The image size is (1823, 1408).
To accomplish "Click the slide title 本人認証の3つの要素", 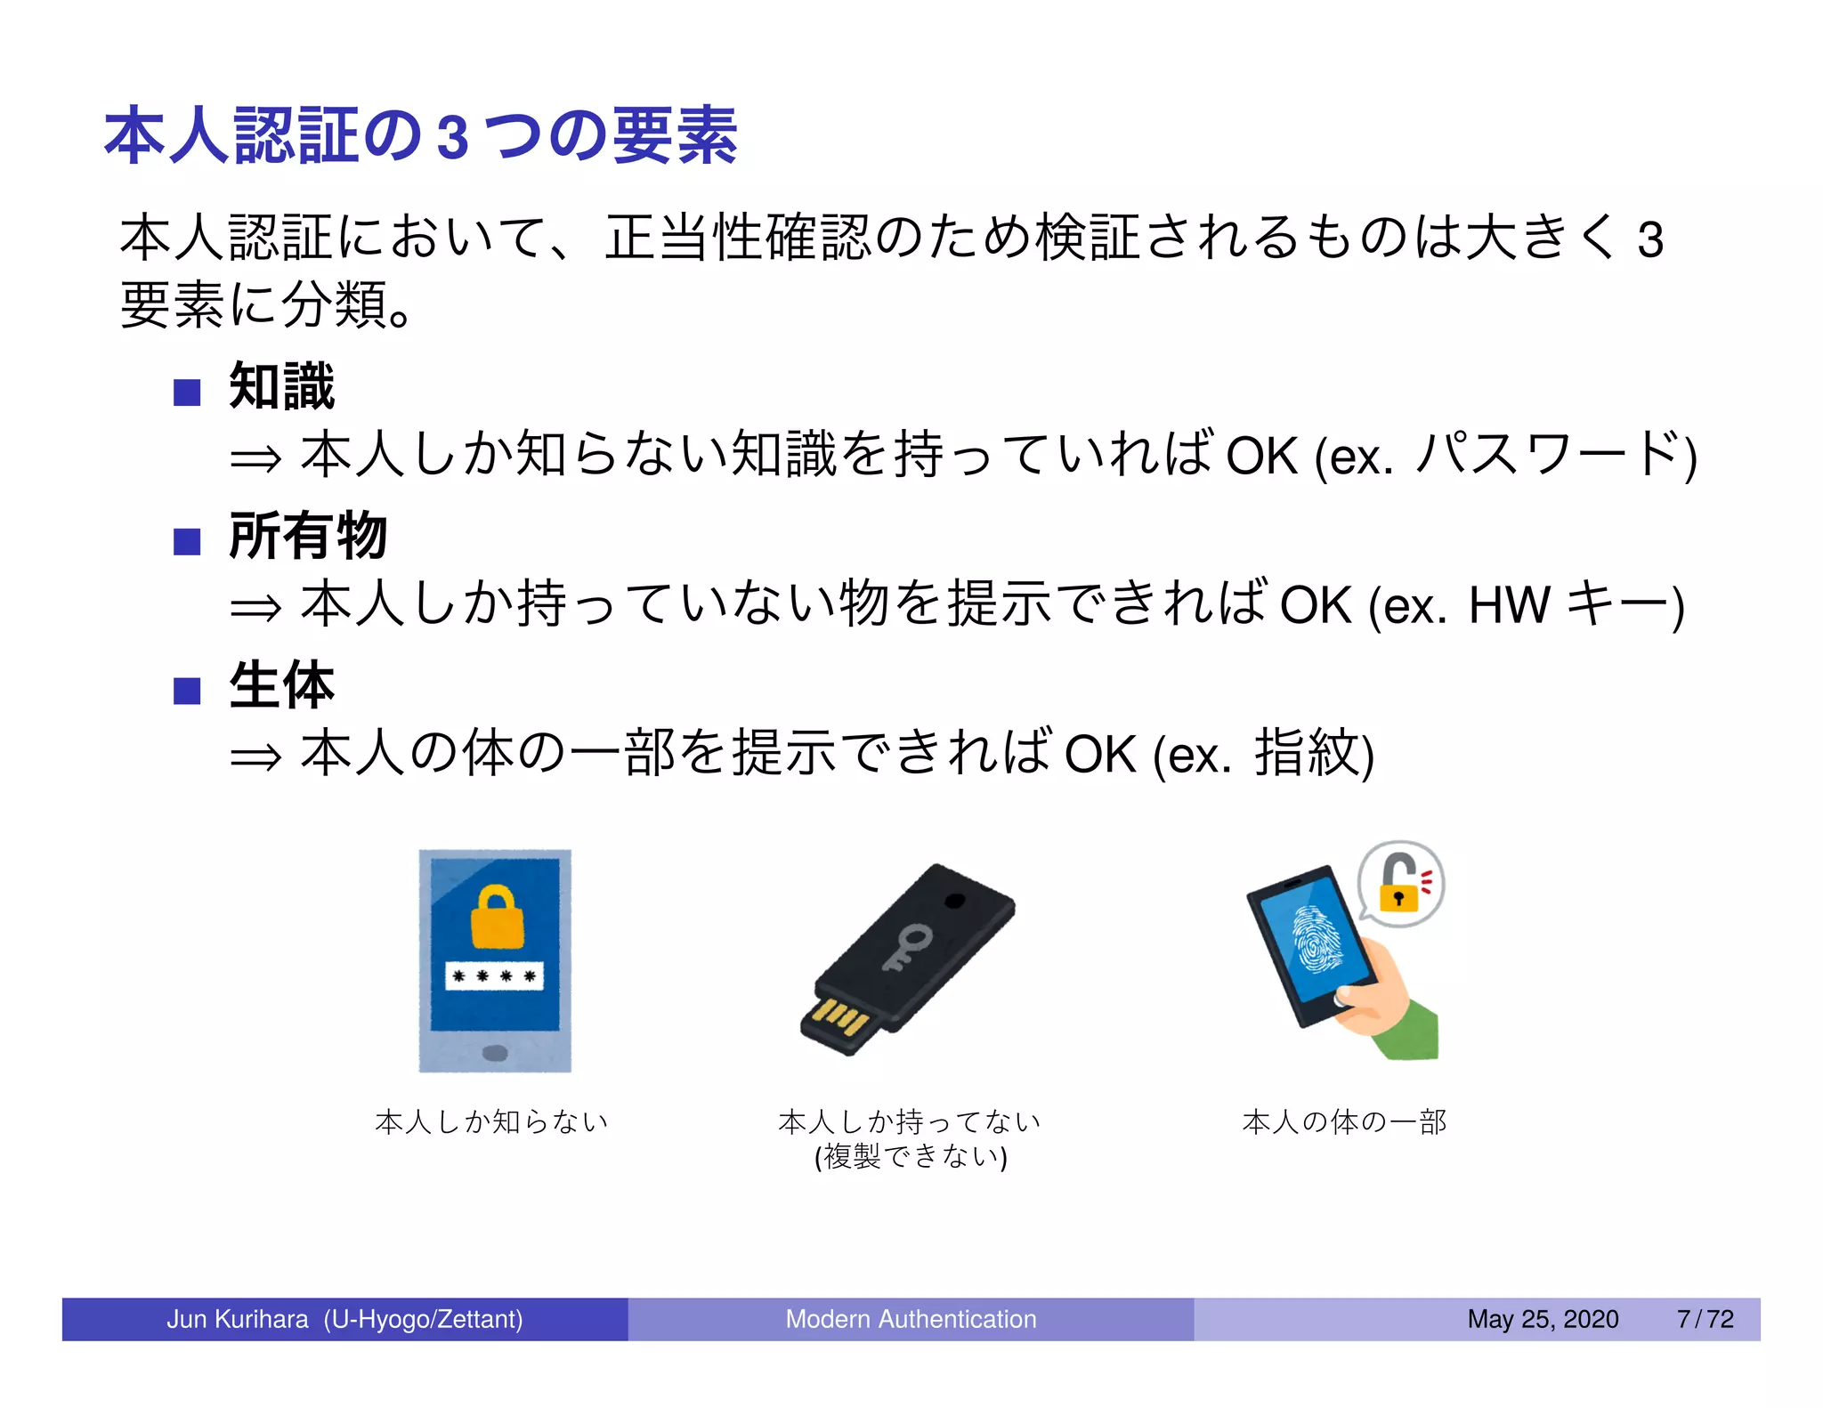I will [x=420, y=136].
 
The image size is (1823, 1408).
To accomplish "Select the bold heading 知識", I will [x=281, y=387].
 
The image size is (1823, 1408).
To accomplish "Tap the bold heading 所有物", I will [x=308, y=536].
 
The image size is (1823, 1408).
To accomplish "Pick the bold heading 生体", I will [x=281, y=685].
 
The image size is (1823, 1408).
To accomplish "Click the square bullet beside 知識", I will [x=187, y=392].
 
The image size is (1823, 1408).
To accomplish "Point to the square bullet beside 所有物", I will [x=187, y=541].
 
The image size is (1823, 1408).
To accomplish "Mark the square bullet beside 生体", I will [x=187, y=691].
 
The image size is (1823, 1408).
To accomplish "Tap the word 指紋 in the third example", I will [x=1306, y=754].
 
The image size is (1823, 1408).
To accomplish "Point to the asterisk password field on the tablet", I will [x=494, y=976].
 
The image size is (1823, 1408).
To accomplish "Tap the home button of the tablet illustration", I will [x=495, y=1054].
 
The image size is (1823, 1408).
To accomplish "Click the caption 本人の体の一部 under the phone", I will [x=1344, y=1122].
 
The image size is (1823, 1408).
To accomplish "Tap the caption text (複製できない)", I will [x=911, y=1157].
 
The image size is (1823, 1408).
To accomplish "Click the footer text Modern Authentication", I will [x=911, y=1319].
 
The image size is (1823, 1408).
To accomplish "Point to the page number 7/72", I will [x=1705, y=1319].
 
